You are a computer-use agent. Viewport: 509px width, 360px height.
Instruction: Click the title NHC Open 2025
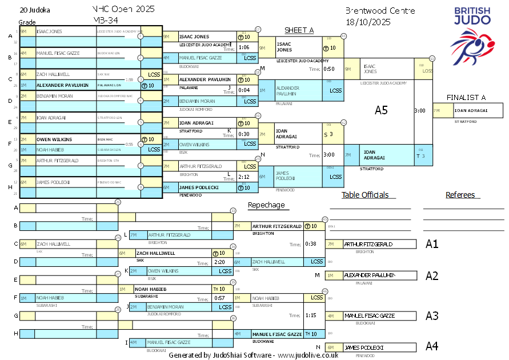coord(123,10)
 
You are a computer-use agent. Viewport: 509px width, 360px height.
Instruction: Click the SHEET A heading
coord(299,30)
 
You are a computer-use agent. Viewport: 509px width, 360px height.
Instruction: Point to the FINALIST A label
coord(466,98)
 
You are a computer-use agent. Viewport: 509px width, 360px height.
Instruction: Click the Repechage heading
coord(266,205)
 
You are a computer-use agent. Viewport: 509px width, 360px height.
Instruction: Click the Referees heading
coord(460,195)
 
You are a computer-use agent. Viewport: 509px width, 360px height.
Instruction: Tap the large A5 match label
coord(381,110)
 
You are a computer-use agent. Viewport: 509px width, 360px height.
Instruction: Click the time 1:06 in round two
coord(245,47)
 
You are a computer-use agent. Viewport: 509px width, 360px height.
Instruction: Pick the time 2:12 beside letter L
coord(245,177)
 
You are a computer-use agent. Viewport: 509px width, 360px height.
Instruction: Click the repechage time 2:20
coord(219,262)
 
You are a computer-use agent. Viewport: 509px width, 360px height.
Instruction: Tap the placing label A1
coord(432,244)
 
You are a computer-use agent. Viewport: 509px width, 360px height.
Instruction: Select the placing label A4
coord(432,346)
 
